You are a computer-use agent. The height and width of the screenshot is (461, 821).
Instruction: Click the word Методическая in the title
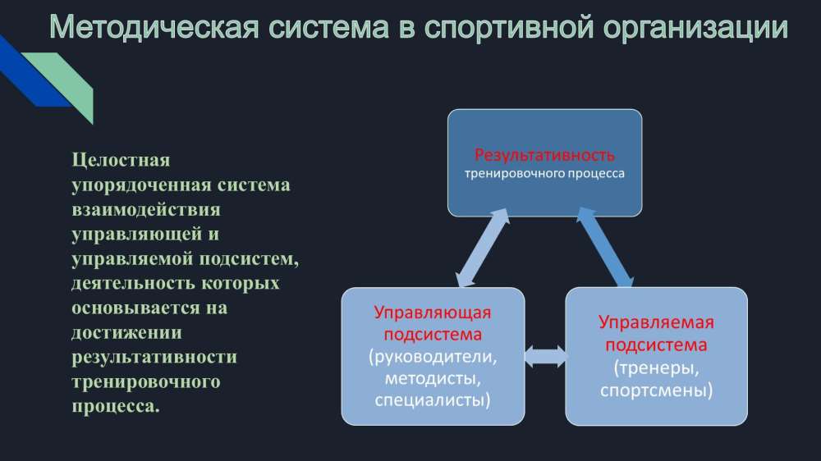coord(154,27)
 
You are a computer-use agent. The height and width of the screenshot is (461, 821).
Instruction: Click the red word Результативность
coord(544,155)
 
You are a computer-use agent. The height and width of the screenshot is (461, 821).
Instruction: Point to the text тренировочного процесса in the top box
coord(544,174)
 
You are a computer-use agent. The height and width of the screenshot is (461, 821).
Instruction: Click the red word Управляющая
coord(433,313)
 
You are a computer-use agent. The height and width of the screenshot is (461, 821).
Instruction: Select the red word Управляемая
coord(656,322)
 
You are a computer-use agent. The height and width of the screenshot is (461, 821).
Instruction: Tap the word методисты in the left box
coord(433,378)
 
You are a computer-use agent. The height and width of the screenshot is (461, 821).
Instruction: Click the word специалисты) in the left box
coord(433,400)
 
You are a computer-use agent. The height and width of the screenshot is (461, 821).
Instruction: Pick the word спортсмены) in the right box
coord(657,390)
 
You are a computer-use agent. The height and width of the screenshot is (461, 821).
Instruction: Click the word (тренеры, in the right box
coord(657,367)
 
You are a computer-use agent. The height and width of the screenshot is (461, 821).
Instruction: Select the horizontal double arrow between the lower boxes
coord(545,356)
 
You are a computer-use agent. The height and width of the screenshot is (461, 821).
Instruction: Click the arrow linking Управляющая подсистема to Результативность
coord(483,248)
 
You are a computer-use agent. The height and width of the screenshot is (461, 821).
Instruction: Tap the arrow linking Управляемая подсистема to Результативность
coord(605,247)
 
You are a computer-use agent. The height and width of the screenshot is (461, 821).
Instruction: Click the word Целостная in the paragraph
coord(121,160)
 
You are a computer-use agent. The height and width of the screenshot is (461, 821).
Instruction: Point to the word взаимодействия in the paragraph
coord(146,210)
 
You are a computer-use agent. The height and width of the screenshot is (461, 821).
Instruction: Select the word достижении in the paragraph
coord(126,333)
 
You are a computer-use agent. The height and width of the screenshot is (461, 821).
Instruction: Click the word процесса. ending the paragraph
coord(116,407)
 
